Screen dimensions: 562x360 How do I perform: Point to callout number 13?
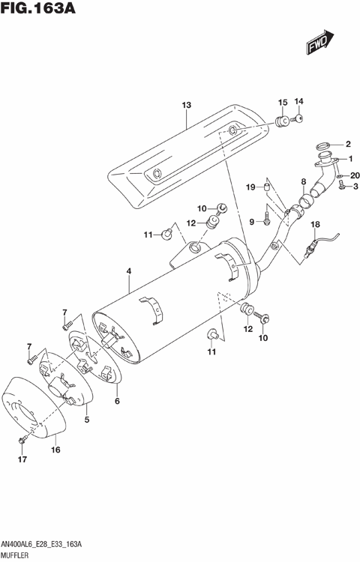click(x=187, y=106)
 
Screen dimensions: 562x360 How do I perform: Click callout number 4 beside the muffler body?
click(x=129, y=271)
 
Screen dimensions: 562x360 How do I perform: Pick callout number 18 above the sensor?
click(x=315, y=224)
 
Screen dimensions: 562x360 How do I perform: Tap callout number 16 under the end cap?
click(x=55, y=450)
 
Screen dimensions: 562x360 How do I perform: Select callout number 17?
click(x=22, y=459)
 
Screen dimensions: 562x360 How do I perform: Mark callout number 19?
click(x=252, y=187)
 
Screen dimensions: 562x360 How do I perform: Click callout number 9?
click(x=252, y=221)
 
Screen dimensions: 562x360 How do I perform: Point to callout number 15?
click(x=283, y=102)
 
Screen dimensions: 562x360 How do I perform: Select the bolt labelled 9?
click(x=268, y=220)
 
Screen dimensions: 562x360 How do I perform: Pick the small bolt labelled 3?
click(x=342, y=187)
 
